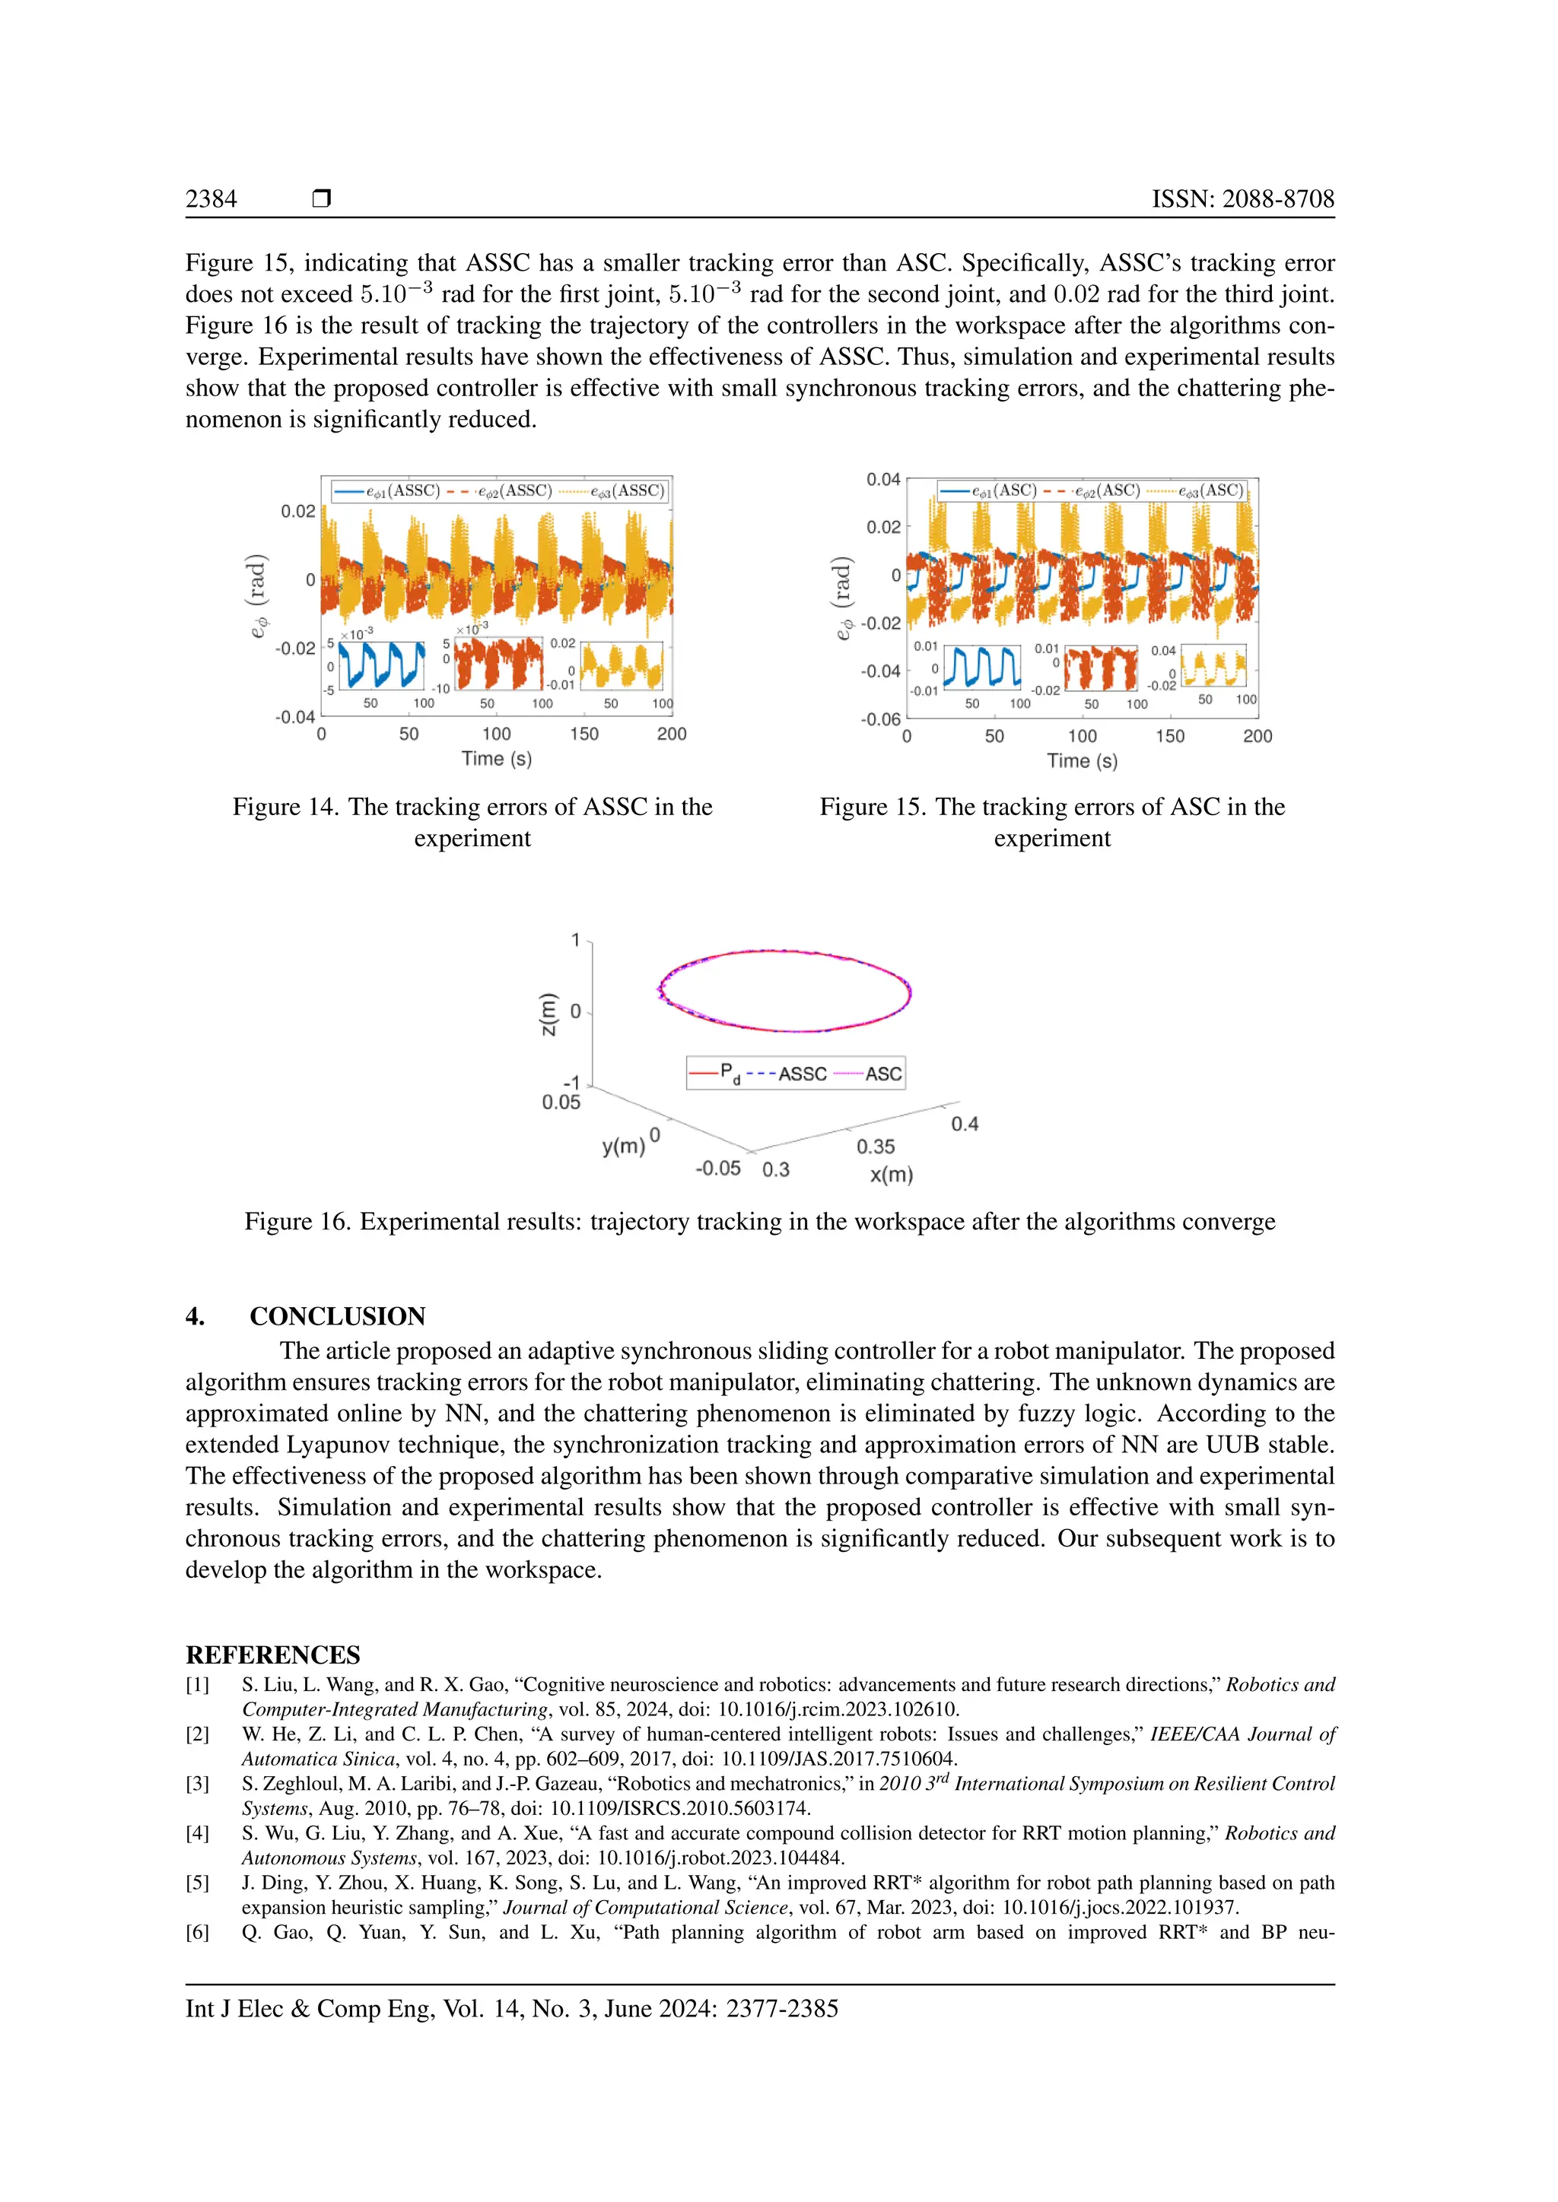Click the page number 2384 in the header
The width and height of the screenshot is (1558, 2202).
pyautogui.click(x=211, y=198)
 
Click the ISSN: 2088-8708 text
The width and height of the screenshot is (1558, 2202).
pyautogui.click(x=1242, y=198)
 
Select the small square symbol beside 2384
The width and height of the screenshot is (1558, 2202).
pyautogui.click(x=321, y=198)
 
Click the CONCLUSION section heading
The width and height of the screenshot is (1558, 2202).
pyautogui.click(x=337, y=1316)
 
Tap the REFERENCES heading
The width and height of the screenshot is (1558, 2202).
pyautogui.click(x=272, y=1655)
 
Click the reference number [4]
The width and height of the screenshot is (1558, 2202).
pyautogui.click(x=197, y=1832)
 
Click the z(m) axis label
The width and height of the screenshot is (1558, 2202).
pyautogui.click(x=548, y=1014)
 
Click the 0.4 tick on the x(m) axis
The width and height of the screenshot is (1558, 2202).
pyautogui.click(x=964, y=1124)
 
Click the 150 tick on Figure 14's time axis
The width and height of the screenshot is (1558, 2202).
pyautogui.click(x=583, y=734)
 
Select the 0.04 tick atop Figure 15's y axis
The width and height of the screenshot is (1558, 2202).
pyautogui.click(x=882, y=480)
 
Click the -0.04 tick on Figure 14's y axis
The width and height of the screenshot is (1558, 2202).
pyautogui.click(x=294, y=717)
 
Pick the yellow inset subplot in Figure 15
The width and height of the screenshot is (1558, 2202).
pyautogui.click(x=1213, y=665)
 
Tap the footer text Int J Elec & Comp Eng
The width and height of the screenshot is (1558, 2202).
pyautogui.click(x=309, y=2008)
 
